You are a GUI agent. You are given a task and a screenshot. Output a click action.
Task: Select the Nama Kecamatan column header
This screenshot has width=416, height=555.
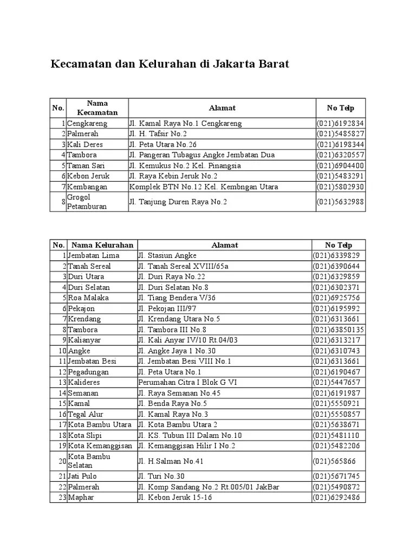pyautogui.click(x=97, y=108)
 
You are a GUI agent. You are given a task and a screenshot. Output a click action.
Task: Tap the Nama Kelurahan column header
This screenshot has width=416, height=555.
pyautogui.click(x=102, y=245)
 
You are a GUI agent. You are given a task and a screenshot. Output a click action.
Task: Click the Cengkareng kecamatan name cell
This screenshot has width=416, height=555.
pyautogui.click(x=87, y=123)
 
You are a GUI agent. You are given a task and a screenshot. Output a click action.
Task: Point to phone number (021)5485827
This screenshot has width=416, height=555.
pyautogui.click(x=340, y=134)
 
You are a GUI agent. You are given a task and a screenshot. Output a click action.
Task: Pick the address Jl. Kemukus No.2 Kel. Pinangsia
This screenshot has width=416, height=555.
pyautogui.click(x=185, y=165)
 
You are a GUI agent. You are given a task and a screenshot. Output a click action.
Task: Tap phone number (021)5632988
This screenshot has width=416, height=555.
pyautogui.click(x=340, y=202)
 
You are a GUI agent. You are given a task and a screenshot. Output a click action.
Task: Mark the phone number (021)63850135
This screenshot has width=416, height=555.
pyautogui.click(x=339, y=330)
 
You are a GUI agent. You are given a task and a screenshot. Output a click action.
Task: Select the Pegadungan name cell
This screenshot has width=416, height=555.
pyautogui.click(x=88, y=372)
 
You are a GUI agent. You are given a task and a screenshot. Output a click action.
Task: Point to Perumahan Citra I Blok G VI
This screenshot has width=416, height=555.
pyautogui.click(x=187, y=382)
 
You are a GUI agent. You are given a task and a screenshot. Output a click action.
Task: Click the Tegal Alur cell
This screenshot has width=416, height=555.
pyautogui.click(x=86, y=414)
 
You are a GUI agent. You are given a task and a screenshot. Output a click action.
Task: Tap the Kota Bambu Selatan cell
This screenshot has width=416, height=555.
pyautogui.click(x=89, y=461)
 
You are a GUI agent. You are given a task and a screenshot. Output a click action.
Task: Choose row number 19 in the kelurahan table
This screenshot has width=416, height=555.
pyautogui.click(x=62, y=446)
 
